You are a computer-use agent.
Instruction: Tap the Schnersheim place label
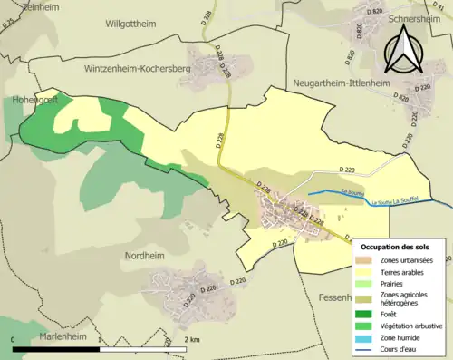pyautogui.click(x=412, y=17)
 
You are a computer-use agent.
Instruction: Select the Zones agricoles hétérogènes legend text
pyautogui.click(x=406, y=299)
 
